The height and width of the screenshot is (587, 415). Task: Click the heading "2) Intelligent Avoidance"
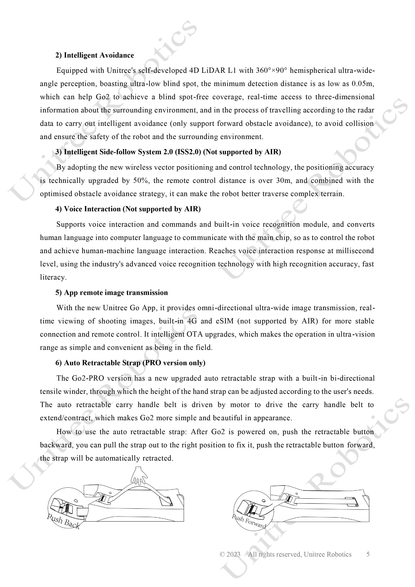click(95, 55)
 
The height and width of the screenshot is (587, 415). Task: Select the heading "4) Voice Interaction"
click(128, 209)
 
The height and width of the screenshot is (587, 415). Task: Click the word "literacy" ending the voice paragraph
click(53, 277)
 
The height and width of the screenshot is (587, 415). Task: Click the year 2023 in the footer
click(233, 554)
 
